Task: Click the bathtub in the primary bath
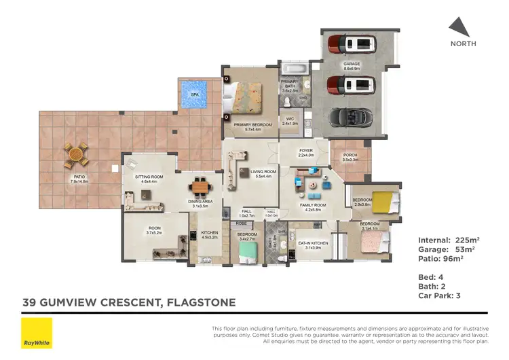point(293,69)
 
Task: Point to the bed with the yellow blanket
point(383,202)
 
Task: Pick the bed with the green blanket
point(248,252)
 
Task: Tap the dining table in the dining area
point(200,185)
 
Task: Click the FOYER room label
point(305,152)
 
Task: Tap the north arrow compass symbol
point(459,26)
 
